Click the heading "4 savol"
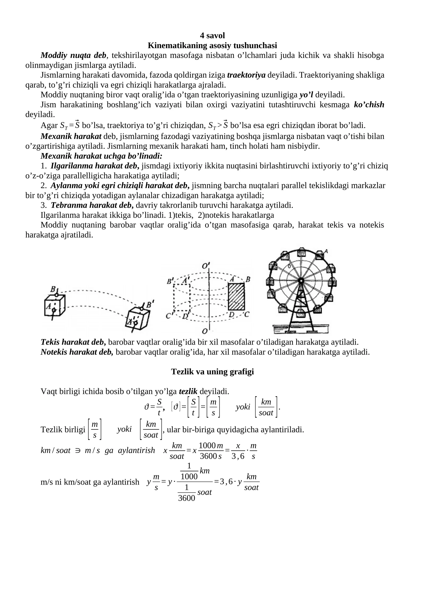point(212,35)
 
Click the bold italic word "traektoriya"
point(246,75)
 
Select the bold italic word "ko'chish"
point(369,105)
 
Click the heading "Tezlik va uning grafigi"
point(212,371)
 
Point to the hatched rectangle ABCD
point(236,297)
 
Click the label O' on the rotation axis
point(206,265)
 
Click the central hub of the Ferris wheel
point(301,281)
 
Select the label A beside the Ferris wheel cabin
point(326,251)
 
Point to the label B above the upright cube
point(53,289)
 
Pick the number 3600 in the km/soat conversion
point(208,456)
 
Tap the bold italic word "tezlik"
point(188,391)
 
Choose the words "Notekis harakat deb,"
point(77,352)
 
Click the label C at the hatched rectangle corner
point(246,315)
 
